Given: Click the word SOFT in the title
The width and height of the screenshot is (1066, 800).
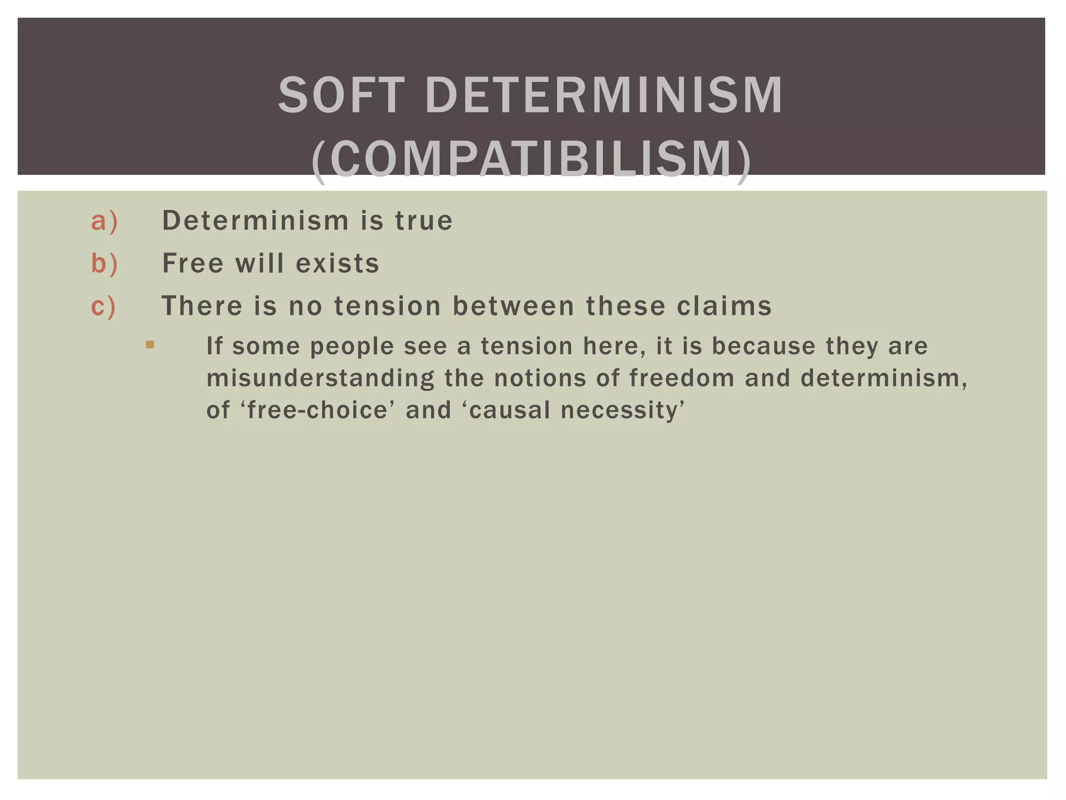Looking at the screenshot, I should click(341, 95).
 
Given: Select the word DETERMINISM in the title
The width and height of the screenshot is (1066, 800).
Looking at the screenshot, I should click(604, 95).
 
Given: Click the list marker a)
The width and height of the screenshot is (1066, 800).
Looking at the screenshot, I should click(105, 221).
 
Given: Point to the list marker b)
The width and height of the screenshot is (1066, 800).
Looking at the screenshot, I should click(105, 263).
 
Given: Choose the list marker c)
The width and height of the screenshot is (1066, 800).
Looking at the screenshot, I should click(104, 306).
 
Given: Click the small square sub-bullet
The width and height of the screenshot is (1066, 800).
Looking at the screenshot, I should click(150, 344).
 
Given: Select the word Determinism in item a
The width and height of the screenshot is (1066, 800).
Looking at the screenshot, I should click(256, 220).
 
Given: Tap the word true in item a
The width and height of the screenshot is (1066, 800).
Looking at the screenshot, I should click(424, 221).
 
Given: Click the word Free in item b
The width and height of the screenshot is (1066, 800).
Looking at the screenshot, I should click(193, 263).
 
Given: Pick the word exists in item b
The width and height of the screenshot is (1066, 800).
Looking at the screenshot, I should click(338, 263).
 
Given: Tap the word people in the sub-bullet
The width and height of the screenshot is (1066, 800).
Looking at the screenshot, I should click(352, 346).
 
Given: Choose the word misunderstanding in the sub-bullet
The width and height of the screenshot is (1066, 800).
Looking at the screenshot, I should click(321, 379).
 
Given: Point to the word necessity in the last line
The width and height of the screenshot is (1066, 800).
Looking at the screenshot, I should click(623, 410).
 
